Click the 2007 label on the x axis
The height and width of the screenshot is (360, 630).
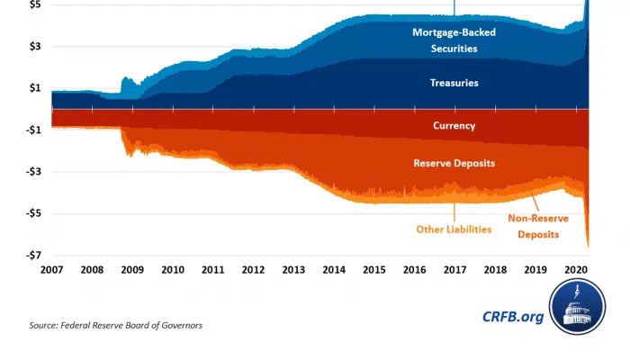coord(52,270)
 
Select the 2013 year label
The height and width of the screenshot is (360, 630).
coord(293,270)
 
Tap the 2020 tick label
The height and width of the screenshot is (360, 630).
coord(576,270)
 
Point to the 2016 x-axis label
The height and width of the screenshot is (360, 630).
coord(415,270)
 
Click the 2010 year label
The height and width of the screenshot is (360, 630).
coord(173,270)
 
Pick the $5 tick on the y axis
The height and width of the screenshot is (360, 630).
coord(33,5)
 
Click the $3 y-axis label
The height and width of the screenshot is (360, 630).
coord(33,47)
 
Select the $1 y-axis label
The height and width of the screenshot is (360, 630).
coord(33,88)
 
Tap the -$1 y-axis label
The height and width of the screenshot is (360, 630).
coord(31,130)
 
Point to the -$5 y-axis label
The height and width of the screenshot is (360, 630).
coord(31,213)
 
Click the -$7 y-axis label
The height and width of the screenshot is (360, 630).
coord(31,255)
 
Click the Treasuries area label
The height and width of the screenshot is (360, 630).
coord(454,83)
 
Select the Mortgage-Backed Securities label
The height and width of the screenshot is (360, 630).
coord(454,40)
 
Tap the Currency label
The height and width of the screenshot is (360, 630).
coord(454,126)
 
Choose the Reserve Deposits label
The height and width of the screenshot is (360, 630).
coord(454,163)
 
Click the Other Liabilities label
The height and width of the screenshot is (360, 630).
coord(454,229)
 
